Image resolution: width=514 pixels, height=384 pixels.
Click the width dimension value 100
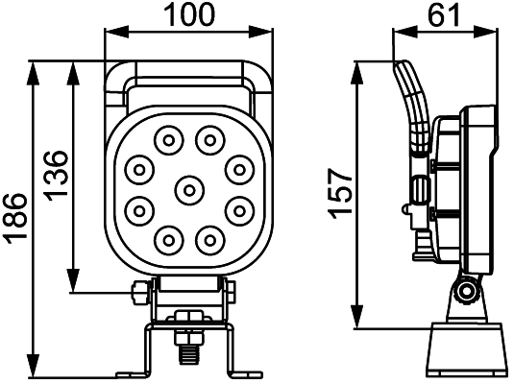(x=189, y=14)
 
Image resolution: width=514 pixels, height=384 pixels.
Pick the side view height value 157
(x=338, y=192)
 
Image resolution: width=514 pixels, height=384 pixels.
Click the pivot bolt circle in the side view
(x=467, y=293)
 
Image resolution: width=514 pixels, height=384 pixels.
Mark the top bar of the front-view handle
(x=188, y=68)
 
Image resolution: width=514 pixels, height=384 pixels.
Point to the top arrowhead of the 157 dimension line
(x=357, y=66)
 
